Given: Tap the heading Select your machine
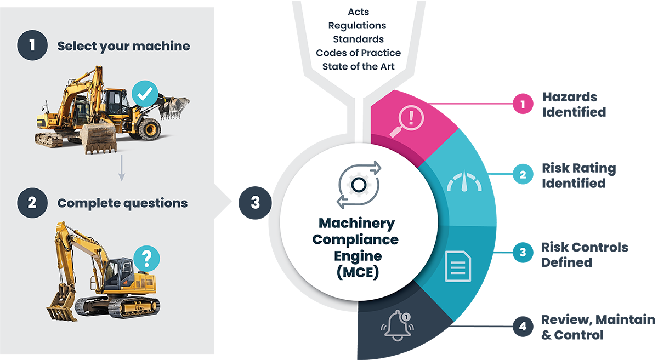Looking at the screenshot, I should point(123,46).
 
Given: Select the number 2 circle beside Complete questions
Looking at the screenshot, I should point(32,203).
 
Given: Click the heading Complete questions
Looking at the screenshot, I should point(122,203).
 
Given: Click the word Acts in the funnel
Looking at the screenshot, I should point(358,12).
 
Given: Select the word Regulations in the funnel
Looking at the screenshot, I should point(357,26).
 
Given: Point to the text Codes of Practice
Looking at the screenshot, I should point(358,53).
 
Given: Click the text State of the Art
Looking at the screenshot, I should point(358,67).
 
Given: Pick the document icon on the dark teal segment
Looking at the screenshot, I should point(458,266).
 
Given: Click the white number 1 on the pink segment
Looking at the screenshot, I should point(523,104).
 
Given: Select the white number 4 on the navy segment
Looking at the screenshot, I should point(523,327).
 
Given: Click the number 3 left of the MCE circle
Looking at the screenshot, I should point(255,202).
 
